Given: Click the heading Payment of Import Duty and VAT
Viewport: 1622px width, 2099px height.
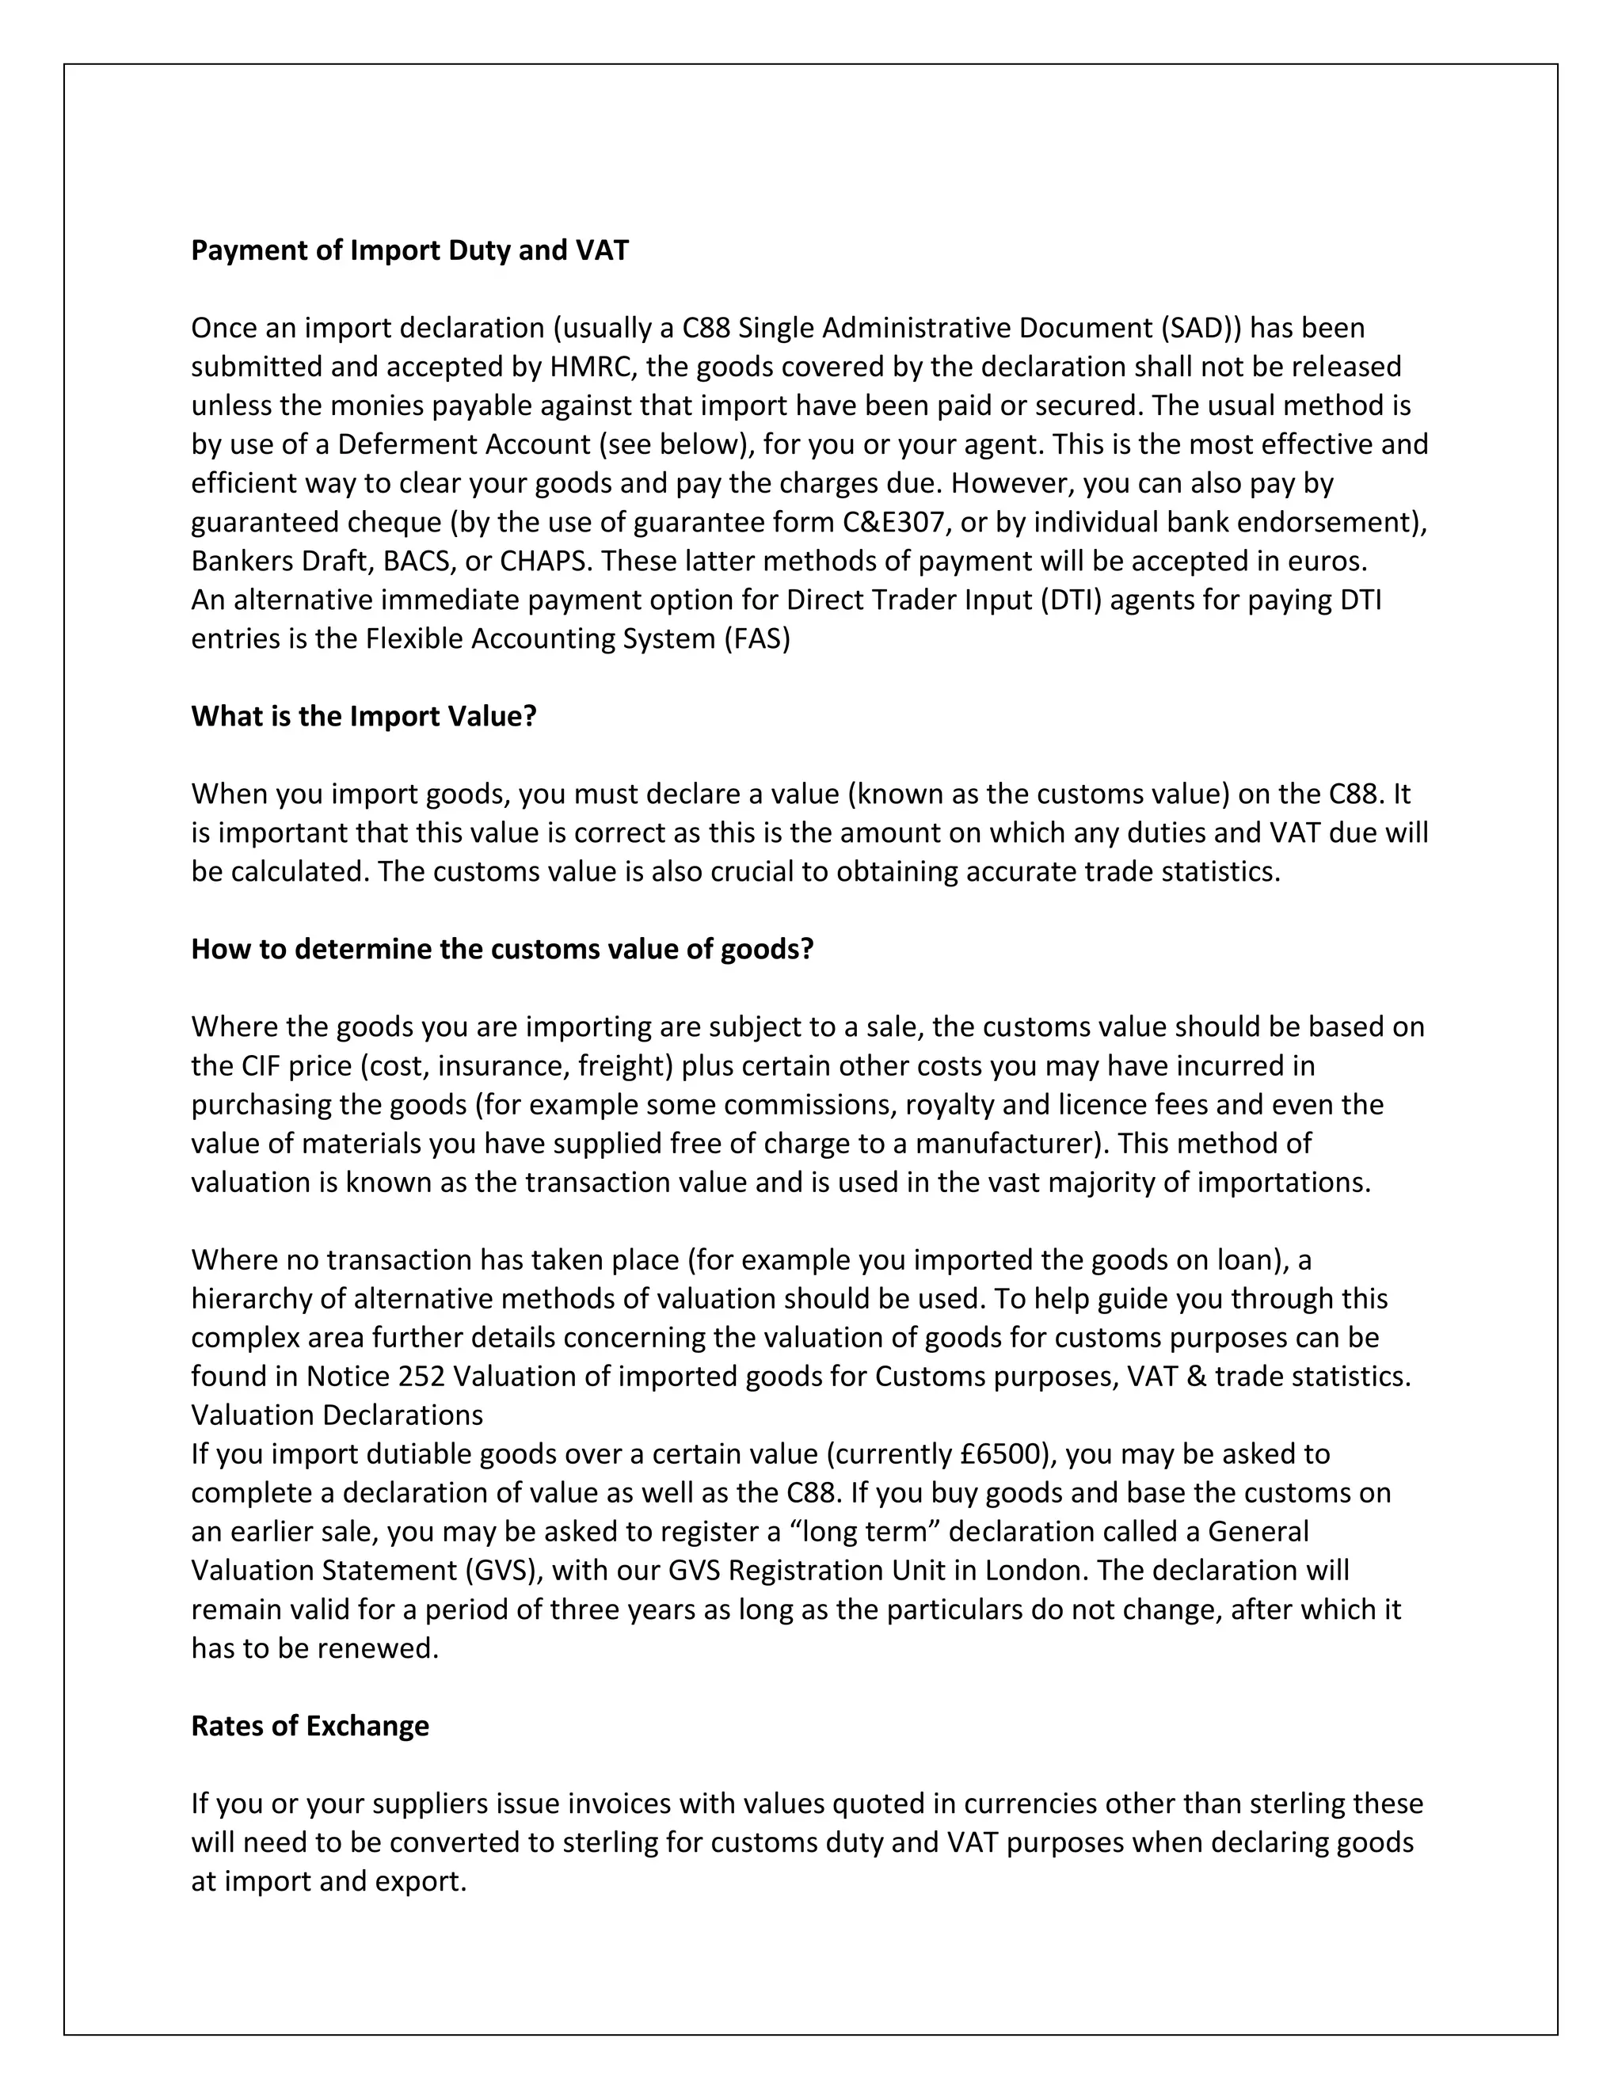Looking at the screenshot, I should click(409, 251).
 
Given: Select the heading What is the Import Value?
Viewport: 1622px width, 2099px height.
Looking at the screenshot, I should click(364, 717).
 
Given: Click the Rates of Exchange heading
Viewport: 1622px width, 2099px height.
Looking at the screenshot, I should click(310, 1726).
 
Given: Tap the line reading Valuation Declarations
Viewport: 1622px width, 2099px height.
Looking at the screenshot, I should click(337, 1415).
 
